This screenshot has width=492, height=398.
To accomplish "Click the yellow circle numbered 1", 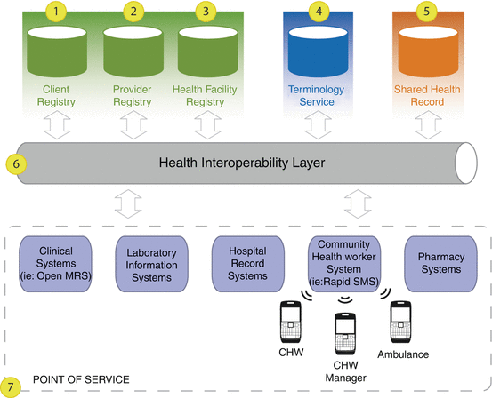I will pos(58,12).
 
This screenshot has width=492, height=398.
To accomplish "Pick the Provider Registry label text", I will pos(133,96).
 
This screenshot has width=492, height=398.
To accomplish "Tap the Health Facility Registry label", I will pos(207,96).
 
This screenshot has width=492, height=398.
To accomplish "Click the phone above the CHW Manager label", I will pos(345,334).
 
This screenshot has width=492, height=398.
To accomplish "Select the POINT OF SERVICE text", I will pos(81,380).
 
